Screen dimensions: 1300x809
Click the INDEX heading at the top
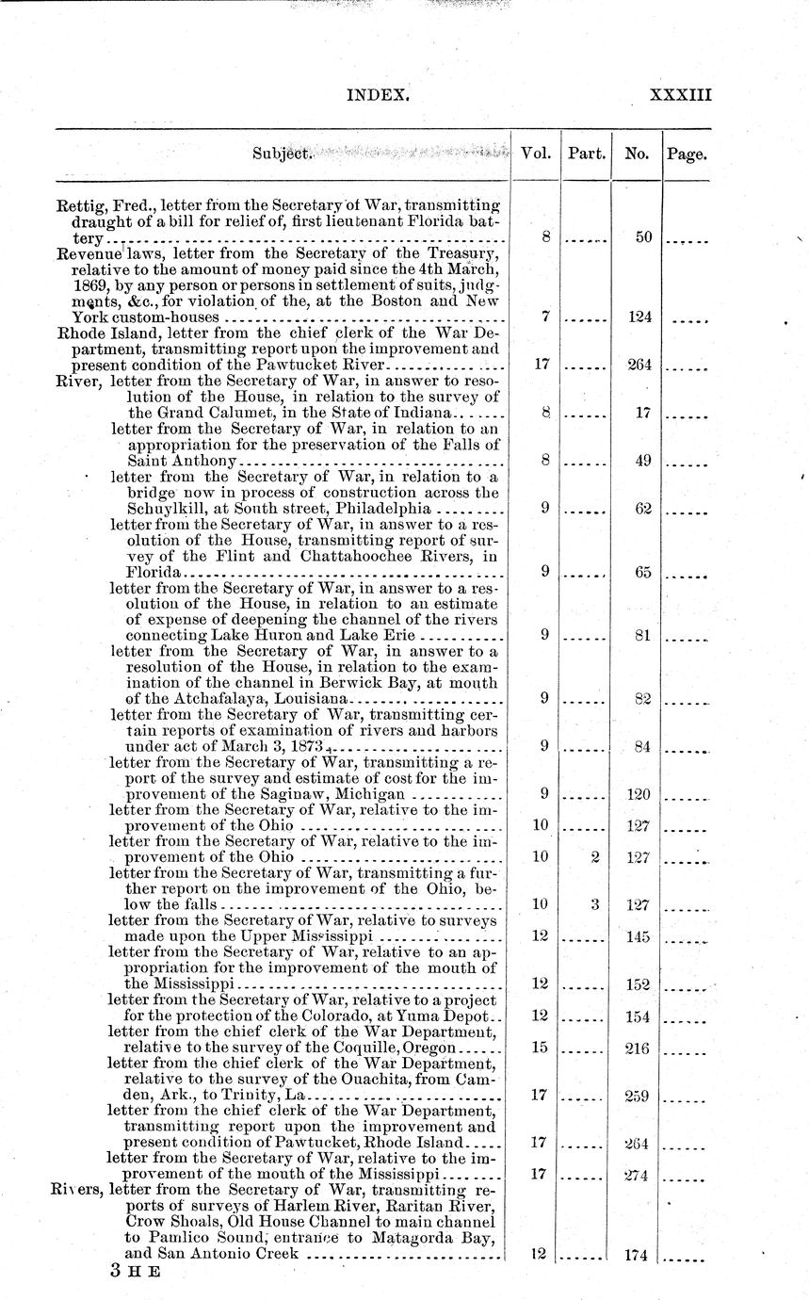pyautogui.click(x=378, y=94)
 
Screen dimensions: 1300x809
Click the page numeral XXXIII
pyautogui.click(x=680, y=94)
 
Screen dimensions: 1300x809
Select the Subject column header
pyautogui.click(x=282, y=154)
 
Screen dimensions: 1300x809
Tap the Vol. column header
pyautogui.click(x=535, y=153)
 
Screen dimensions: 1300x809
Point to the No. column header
pyautogui.click(x=636, y=154)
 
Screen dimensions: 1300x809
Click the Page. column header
pyautogui.click(x=687, y=154)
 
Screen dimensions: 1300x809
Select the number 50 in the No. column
pyautogui.click(x=643, y=238)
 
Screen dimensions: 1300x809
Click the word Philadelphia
pyautogui.click(x=385, y=509)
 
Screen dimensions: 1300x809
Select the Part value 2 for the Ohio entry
pyautogui.click(x=594, y=857)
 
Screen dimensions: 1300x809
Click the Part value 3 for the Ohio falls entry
pyautogui.click(x=594, y=904)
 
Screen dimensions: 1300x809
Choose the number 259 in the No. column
pyautogui.click(x=639, y=1096)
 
